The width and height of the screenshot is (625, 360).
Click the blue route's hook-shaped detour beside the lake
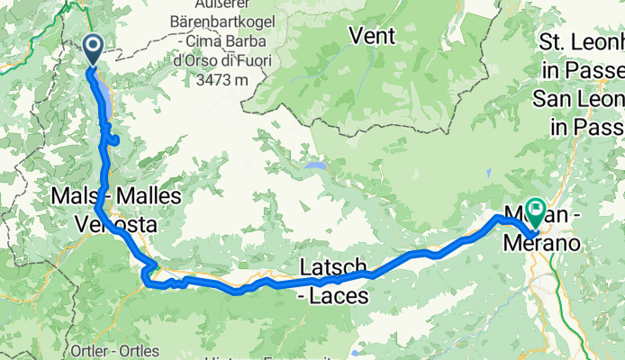tap(113, 139)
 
